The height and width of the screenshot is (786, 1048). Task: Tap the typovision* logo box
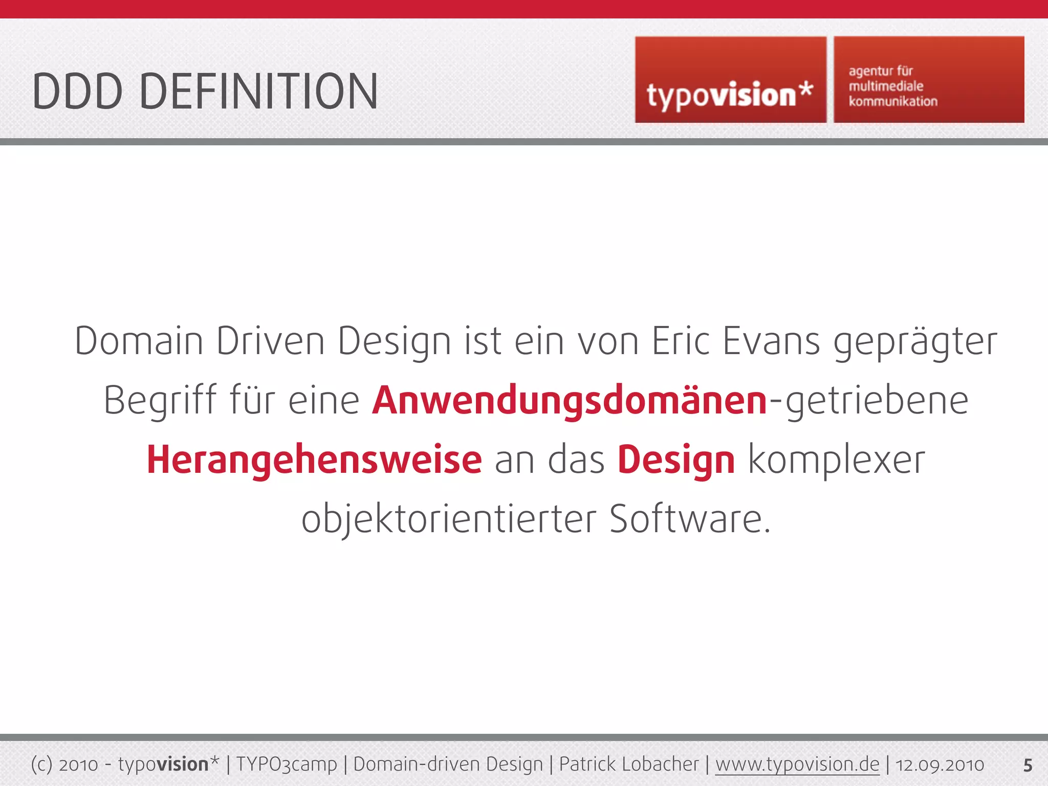(x=730, y=80)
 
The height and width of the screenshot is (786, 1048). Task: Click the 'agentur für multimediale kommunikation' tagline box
(x=929, y=80)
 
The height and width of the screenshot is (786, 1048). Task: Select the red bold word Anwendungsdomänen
(x=569, y=400)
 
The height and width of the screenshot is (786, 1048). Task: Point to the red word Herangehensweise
(x=314, y=460)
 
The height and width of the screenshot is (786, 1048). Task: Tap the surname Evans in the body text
(x=771, y=341)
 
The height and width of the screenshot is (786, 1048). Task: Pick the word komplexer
(x=836, y=460)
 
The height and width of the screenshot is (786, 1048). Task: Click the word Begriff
(x=160, y=400)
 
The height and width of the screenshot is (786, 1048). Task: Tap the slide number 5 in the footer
(x=1028, y=765)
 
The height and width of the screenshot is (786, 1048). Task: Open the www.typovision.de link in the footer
(x=797, y=764)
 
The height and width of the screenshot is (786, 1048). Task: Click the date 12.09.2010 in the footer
(x=940, y=765)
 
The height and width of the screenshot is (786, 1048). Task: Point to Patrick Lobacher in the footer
(x=628, y=764)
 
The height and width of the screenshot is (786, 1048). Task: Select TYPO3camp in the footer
(x=287, y=764)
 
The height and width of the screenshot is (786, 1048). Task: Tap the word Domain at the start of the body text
(x=139, y=341)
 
